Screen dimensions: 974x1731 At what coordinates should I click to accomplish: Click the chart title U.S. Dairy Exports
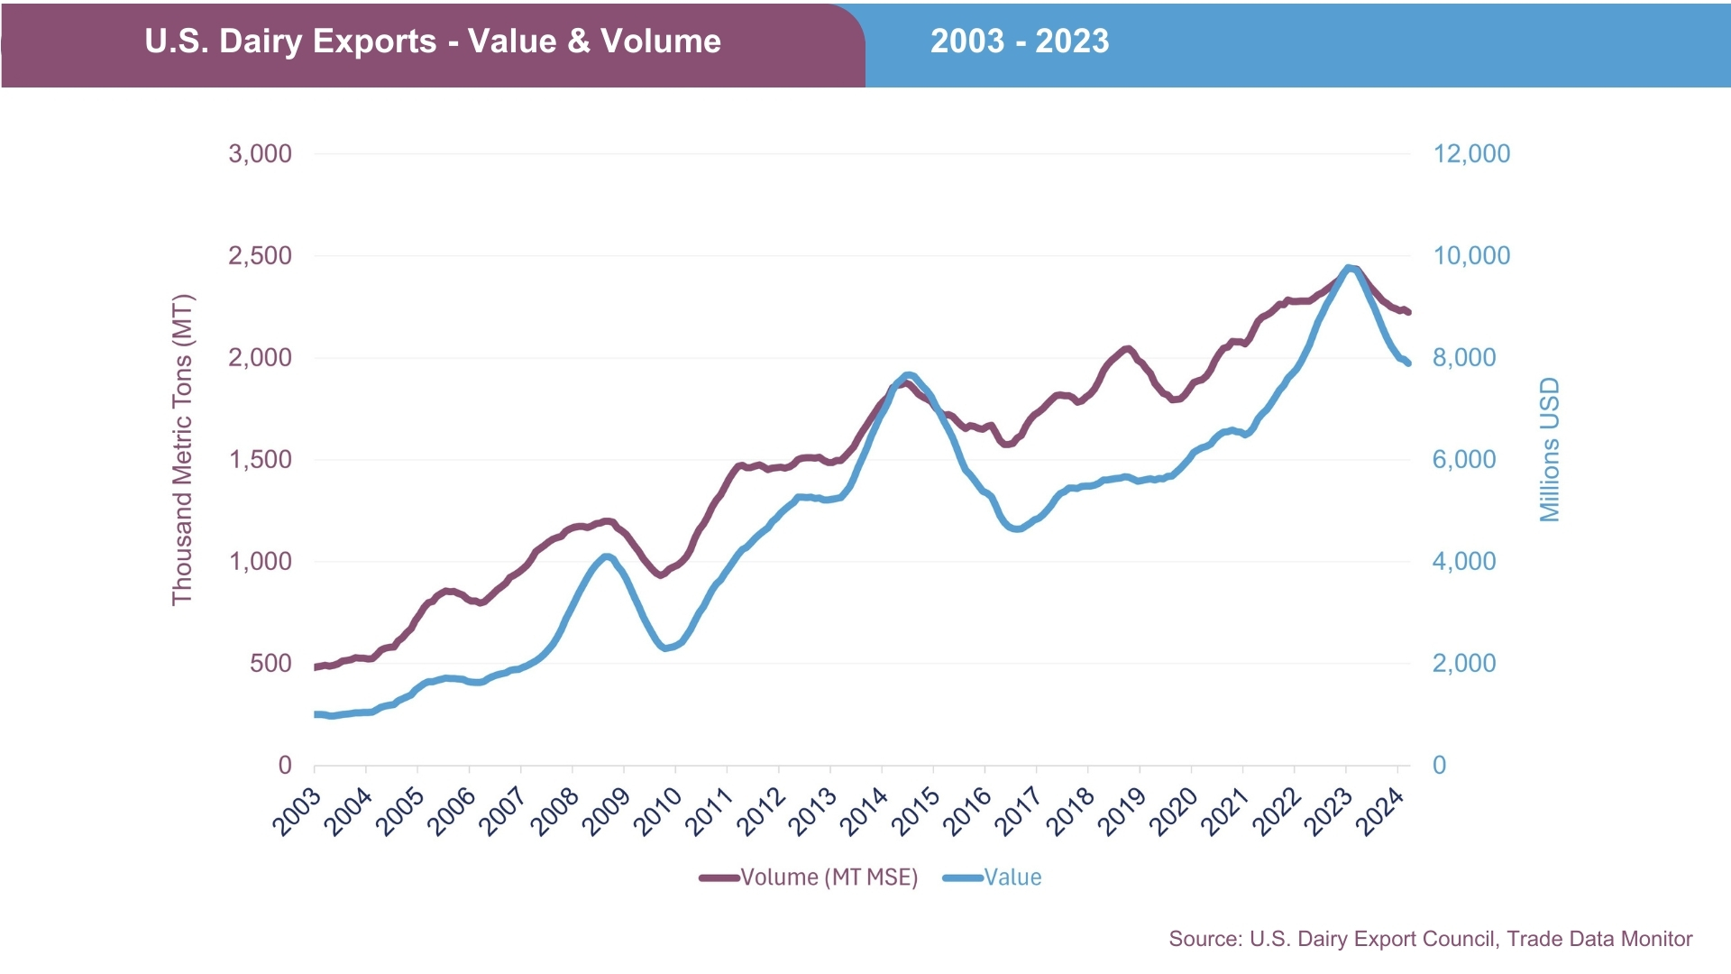[x=433, y=41]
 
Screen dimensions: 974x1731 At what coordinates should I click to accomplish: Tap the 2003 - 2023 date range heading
[x=1020, y=41]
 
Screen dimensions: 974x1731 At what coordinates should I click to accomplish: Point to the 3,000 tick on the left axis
[x=260, y=153]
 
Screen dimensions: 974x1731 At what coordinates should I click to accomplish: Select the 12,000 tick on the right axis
[x=1471, y=153]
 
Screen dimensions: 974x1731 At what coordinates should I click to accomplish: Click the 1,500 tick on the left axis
[x=260, y=459]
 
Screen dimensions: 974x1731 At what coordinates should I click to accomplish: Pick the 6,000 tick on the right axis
[x=1463, y=459]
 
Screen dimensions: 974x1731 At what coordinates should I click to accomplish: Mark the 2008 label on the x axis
[x=555, y=811]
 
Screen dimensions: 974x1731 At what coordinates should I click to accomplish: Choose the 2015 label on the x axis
[x=917, y=811]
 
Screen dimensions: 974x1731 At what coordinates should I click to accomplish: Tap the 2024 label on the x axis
[x=1381, y=811]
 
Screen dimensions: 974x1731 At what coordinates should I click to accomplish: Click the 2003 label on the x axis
[x=298, y=811]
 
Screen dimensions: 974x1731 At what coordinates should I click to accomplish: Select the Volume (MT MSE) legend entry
[x=809, y=878]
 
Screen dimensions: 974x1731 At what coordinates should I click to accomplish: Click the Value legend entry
[x=993, y=878]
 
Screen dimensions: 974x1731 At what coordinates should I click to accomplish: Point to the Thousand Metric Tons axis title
[x=183, y=449]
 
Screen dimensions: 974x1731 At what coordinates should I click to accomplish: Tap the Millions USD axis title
[x=1549, y=449]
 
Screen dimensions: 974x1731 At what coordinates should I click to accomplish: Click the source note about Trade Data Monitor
[x=1430, y=939]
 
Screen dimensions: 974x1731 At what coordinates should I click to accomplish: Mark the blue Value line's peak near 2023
[x=1349, y=268]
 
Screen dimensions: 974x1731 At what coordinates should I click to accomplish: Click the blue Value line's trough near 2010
[x=665, y=648]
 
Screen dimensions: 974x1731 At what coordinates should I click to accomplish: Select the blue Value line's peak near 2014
[x=908, y=374]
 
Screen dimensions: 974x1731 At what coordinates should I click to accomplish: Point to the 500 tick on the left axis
[x=270, y=663]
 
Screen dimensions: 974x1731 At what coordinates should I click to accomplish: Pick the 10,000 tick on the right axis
[x=1471, y=255]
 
